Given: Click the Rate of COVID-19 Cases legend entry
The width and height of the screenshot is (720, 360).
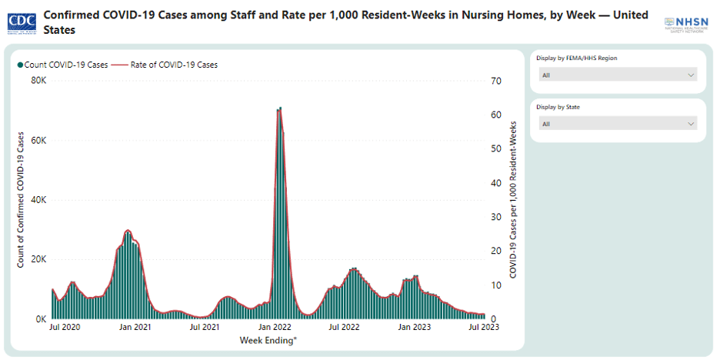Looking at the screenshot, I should click(x=169, y=65).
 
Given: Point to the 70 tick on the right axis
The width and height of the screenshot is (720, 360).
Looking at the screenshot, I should click(x=496, y=81).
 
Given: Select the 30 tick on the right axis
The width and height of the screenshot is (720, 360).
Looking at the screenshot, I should click(x=496, y=217).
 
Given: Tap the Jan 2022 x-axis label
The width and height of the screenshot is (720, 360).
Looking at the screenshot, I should click(x=275, y=327).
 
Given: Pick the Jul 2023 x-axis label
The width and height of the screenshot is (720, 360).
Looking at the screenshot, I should click(x=485, y=327).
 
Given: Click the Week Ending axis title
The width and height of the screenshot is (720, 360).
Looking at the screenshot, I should click(x=267, y=339).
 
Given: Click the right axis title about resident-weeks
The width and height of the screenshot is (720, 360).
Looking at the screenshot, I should click(x=513, y=200).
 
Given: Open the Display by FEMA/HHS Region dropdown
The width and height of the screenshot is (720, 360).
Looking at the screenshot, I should click(x=618, y=75).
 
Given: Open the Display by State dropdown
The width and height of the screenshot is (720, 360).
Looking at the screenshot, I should click(x=618, y=124).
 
